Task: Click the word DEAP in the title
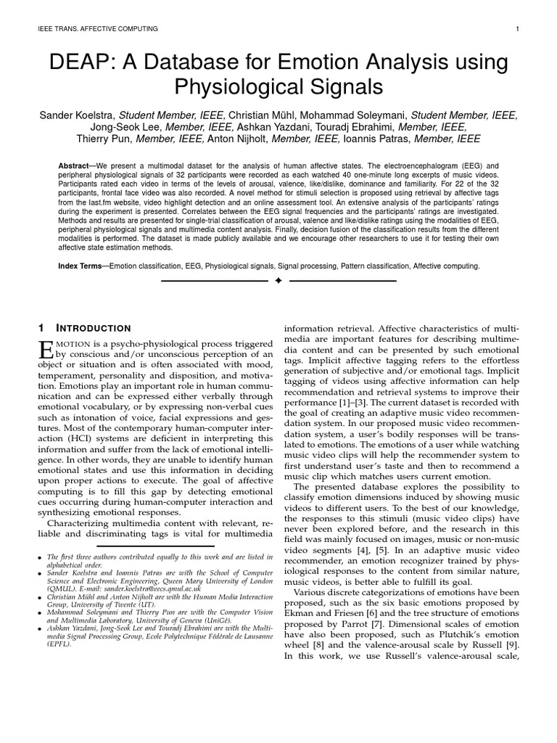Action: (78, 63)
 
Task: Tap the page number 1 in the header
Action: (516, 29)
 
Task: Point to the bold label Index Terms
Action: (80, 266)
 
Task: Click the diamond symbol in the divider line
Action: (278, 281)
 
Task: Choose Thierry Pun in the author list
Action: (104, 139)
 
